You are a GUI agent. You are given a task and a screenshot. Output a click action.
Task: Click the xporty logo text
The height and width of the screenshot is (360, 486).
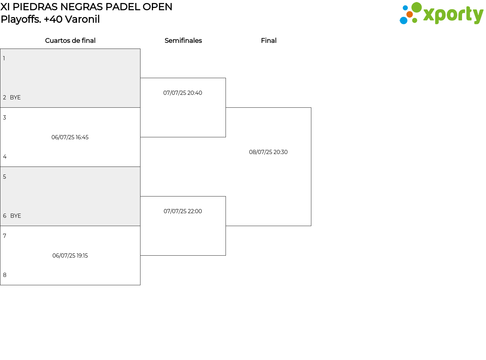tap(453, 15)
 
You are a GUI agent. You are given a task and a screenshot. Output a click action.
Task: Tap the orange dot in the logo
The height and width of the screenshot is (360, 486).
tap(410, 14)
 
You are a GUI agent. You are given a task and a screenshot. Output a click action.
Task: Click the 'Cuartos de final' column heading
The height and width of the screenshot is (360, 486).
tap(70, 41)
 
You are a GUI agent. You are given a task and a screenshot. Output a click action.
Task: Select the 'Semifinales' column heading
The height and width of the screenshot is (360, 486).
tap(183, 41)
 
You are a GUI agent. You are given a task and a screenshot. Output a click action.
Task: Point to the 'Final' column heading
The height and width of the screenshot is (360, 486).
tap(269, 41)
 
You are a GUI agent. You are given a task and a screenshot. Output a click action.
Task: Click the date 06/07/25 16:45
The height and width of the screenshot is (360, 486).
tap(70, 137)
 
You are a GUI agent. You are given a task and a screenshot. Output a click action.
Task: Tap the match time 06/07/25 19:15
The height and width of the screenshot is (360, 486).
tap(70, 256)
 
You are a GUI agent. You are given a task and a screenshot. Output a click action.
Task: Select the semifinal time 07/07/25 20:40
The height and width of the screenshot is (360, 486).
tap(183, 93)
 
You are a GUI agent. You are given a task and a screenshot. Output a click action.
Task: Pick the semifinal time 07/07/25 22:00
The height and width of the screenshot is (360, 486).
tap(183, 211)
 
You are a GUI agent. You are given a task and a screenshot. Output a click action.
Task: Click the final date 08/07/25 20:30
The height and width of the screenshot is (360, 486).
tap(268, 152)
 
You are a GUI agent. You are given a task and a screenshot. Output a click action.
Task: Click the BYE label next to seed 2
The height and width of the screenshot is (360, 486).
tap(15, 97)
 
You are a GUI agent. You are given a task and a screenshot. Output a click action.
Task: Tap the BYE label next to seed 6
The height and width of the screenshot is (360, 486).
tap(16, 216)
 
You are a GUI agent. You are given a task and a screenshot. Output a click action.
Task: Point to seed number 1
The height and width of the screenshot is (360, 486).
tap(4, 58)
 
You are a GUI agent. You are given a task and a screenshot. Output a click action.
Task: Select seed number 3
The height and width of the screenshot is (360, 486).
tap(5, 118)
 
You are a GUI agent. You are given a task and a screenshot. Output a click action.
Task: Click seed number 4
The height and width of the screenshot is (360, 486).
tap(5, 157)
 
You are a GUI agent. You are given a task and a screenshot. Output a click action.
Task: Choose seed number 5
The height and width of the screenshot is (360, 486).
tap(5, 177)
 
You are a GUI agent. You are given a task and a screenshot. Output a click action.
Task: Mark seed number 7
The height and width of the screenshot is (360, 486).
tap(5, 236)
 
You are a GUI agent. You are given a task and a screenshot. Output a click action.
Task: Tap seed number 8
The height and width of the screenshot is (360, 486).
tap(5, 275)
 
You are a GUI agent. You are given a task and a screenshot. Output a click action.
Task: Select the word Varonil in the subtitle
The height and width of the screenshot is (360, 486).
tap(82, 19)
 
